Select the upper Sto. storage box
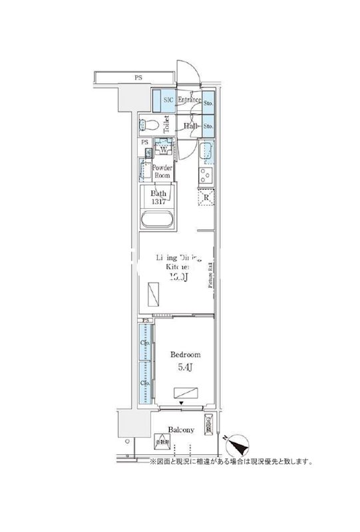[208, 103]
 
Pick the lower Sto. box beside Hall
[208, 125]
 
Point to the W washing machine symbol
[163, 149]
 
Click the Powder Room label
[163, 172]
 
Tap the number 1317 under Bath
[158, 202]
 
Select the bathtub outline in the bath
[158, 220]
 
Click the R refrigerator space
[206, 198]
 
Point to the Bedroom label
[185, 355]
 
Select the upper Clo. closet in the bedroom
[144, 342]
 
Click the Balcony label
[180, 430]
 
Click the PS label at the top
[138, 78]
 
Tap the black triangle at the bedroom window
[182, 403]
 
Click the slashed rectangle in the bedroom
[187, 392]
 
